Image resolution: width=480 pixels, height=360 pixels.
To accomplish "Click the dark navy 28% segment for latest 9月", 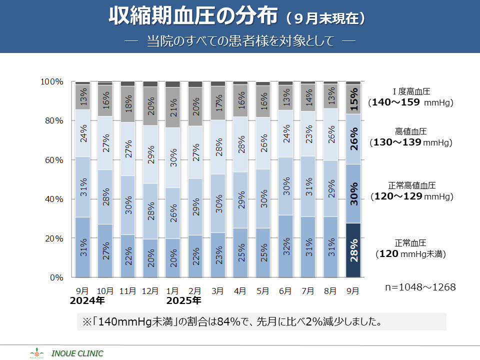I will (353, 250).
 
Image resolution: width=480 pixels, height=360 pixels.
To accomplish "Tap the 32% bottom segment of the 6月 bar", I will (285, 246).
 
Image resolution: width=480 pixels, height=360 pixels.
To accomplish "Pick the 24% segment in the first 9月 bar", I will (82, 133).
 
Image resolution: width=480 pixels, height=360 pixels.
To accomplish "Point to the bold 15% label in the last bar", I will (353, 99).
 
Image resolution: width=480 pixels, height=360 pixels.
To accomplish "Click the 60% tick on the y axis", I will (52, 160).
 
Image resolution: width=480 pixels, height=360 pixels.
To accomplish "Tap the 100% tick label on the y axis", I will (51, 81).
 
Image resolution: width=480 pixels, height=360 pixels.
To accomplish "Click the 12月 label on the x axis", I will (150, 290).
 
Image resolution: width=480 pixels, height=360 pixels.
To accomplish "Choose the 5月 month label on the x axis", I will (263, 290).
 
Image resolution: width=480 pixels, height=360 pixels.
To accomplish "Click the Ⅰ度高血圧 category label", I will (411, 91).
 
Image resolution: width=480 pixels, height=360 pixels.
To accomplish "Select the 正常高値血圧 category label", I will (410, 185).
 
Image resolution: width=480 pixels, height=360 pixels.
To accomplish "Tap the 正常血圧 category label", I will (410, 243).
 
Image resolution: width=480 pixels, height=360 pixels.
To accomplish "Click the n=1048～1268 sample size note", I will (420, 287).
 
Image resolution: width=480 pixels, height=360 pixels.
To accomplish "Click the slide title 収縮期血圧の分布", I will (193, 16).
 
